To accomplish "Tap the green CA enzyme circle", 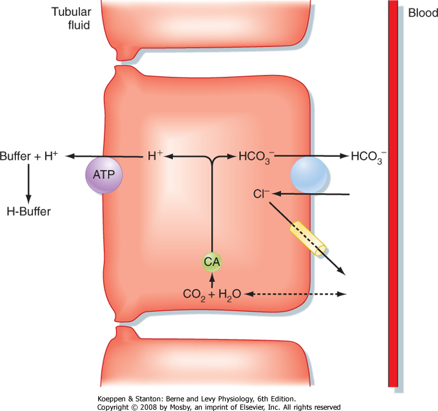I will [212, 262].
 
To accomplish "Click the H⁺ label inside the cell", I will [155, 156].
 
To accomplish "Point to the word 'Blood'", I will [423, 14].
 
